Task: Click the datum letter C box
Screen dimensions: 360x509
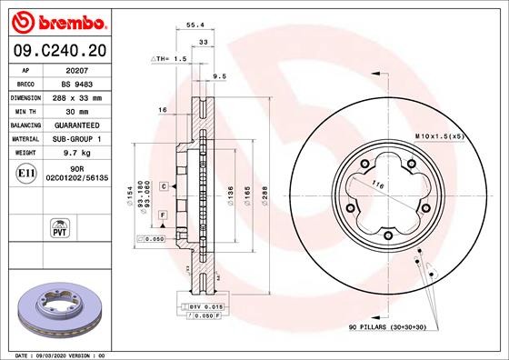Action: [x=163, y=186]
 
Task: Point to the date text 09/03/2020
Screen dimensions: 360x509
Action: [x=57, y=355]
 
